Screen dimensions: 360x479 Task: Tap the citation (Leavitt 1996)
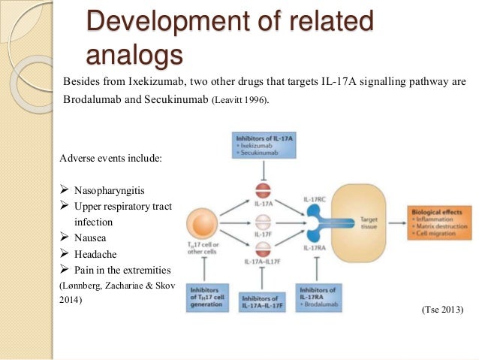point(241,99)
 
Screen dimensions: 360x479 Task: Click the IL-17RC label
point(314,198)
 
